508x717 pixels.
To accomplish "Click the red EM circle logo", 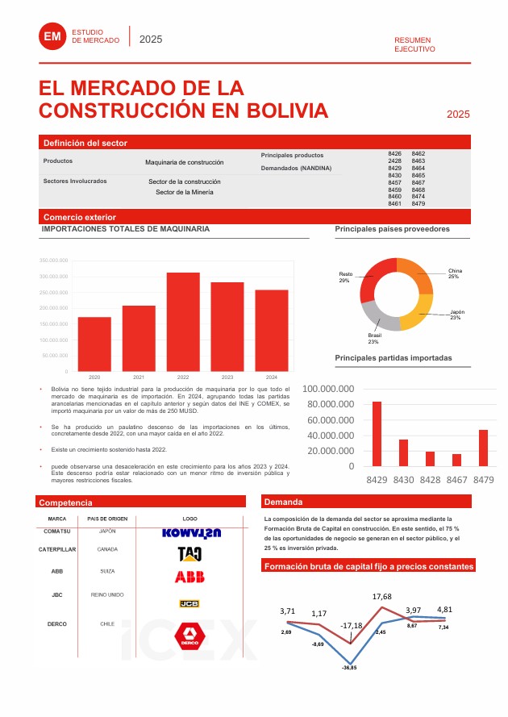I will tap(53, 35).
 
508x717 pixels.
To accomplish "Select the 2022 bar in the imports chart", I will tap(183, 321).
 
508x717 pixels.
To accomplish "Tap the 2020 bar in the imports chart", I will tap(94, 344).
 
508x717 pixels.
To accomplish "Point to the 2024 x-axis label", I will tap(272, 377).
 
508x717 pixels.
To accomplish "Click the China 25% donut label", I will tap(454, 273).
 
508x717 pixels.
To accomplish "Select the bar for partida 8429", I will tap(377, 433).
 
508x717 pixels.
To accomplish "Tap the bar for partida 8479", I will tap(483, 448).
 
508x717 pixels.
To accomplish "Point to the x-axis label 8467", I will tap(456, 479).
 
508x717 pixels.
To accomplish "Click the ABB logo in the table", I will tap(189, 576).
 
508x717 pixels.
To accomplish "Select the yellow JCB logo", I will tap(189, 602).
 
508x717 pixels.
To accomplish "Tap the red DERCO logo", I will tap(189, 635).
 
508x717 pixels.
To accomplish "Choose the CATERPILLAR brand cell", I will tap(57, 549).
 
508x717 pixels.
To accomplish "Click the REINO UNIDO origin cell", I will tap(107, 594).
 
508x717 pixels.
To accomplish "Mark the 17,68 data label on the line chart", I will tap(381, 597).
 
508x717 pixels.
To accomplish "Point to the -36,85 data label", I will tap(349, 668).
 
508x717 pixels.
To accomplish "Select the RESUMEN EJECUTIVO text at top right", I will tap(414, 44).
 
